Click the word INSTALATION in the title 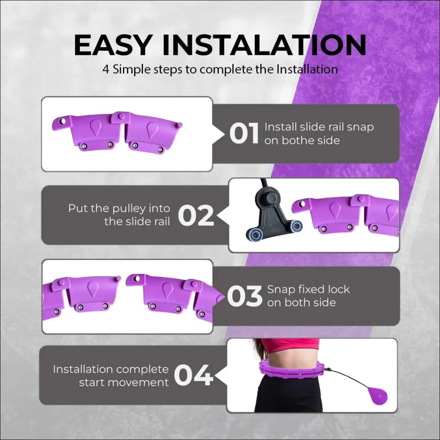(264, 45)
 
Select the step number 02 (196, 215)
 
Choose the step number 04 (194, 375)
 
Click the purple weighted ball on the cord (377, 395)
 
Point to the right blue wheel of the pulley (296, 226)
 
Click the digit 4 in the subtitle (106, 69)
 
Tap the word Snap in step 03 (279, 290)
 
